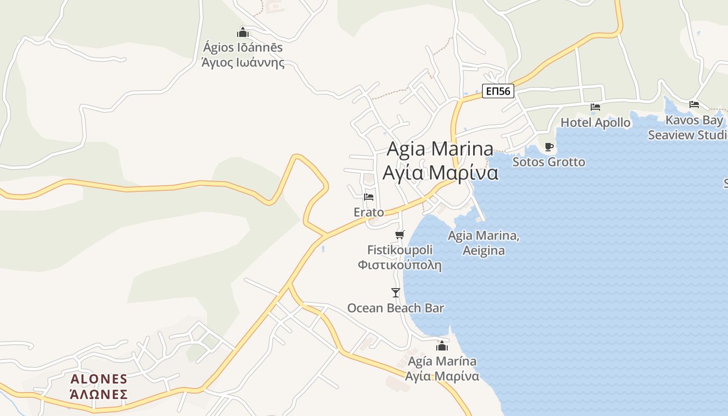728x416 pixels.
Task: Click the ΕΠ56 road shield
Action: coord(498,92)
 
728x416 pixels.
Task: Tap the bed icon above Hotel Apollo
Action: coord(595,107)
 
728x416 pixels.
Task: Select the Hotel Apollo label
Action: coord(595,123)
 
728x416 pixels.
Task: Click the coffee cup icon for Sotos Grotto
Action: coord(549,147)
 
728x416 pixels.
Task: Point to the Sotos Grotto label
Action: coord(549,162)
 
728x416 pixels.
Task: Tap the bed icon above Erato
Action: coord(369,197)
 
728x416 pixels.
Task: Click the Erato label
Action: coord(369,212)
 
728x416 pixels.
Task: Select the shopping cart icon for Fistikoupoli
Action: coord(399,235)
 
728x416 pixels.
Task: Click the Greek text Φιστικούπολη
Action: coord(399,265)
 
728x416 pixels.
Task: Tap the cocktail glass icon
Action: coord(396,293)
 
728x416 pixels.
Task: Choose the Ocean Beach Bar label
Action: coord(396,308)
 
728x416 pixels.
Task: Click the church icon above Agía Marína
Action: coord(442,346)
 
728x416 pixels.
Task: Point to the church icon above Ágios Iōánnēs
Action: coord(243,32)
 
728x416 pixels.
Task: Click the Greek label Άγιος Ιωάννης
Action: coord(243,63)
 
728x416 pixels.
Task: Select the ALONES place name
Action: coord(99,379)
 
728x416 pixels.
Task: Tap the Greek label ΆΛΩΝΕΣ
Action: coord(99,394)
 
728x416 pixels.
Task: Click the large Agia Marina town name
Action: coord(440,149)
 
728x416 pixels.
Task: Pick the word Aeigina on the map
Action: coord(484,251)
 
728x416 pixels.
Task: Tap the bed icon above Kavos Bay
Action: coord(694,105)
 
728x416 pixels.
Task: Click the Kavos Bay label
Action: coord(694,120)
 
